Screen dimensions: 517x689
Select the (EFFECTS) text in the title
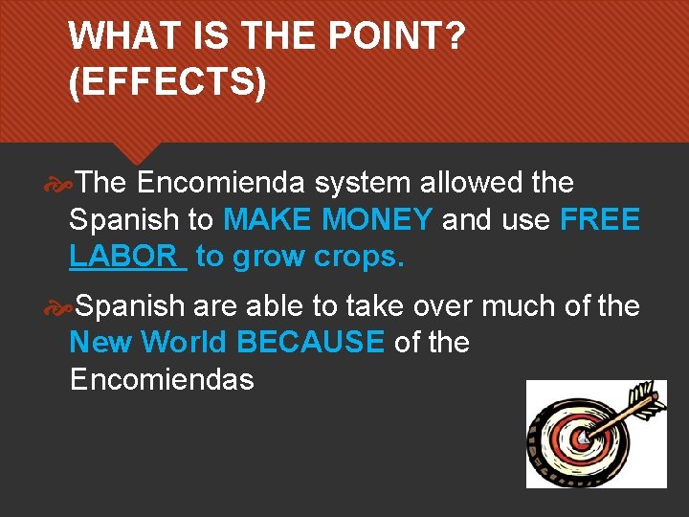[x=167, y=83]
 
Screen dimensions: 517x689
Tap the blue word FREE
[x=600, y=219]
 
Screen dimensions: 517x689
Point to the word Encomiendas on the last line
[x=162, y=379]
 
